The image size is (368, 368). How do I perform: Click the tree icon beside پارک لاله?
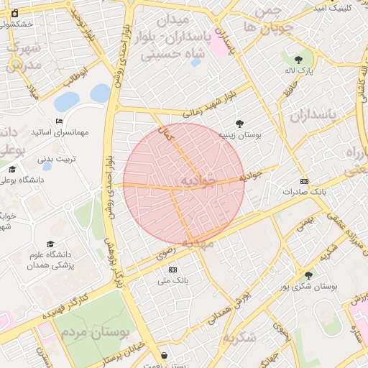point(299,59)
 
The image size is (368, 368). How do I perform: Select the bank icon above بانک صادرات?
point(304,181)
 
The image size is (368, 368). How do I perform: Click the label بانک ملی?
point(172,280)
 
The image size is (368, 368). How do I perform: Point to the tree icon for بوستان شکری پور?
point(308,275)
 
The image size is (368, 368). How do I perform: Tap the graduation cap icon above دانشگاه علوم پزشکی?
point(50,244)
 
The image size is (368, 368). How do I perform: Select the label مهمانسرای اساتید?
point(60,133)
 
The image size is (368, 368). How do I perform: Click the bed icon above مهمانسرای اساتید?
point(59,121)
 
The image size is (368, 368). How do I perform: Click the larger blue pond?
point(67,101)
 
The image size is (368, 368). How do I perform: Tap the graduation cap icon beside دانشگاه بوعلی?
point(11,170)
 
